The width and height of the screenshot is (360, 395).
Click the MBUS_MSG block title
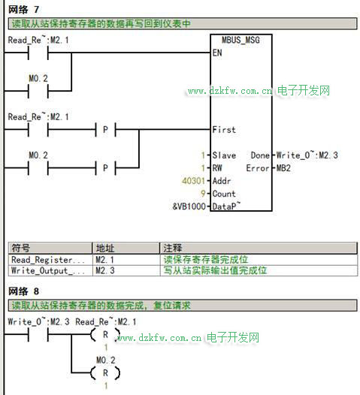(241, 41)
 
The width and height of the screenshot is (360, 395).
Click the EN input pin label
(217, 53)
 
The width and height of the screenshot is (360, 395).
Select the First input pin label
(224, 130)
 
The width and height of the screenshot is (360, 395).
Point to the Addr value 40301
(193, 181)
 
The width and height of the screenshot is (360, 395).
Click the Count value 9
(203, 194)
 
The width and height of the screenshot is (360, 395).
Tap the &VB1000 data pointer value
(189, 207)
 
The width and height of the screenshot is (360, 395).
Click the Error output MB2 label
(283, 168)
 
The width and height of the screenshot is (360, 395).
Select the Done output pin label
(260, 155)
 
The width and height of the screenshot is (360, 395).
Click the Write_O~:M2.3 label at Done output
(307, 155)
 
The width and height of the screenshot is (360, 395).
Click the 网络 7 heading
(24, 10)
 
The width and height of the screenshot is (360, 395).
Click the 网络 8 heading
(24, 291)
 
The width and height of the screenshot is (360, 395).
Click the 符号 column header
(21, 248)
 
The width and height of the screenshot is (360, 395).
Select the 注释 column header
(173, 248)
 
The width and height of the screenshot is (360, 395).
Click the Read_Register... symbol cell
(48, 260)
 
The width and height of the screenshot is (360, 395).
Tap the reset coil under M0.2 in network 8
(105, 373)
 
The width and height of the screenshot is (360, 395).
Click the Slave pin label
(224, 155)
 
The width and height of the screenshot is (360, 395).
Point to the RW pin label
(217, 168)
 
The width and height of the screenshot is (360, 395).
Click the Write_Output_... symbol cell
(48, 271)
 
